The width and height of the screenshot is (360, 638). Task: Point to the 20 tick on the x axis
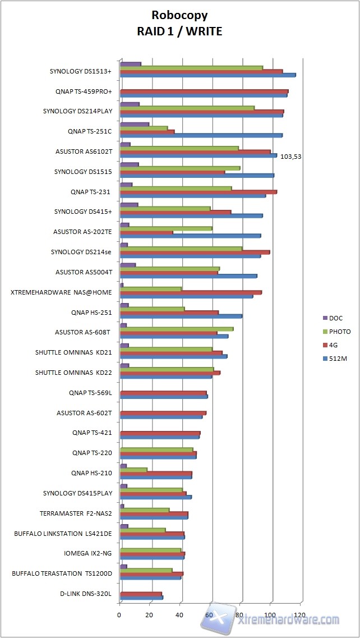click(150, 615)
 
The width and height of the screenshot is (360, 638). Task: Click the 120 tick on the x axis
click(301, 615)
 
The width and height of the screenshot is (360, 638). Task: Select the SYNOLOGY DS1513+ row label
click(80, 71)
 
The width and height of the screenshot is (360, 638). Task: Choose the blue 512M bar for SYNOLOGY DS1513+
click(207, 75)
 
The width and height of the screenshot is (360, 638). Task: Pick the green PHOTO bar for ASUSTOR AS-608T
click(176, 329)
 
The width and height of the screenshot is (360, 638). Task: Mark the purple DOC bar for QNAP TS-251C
click(134, 125)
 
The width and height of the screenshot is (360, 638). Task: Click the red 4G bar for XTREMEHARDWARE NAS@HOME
click(191, 292)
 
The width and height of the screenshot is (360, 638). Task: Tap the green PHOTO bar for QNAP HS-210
click(133, 470)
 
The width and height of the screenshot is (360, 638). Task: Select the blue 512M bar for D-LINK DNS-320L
click(141, 598)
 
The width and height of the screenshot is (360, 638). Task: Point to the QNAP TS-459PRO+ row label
click(84, 91)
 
